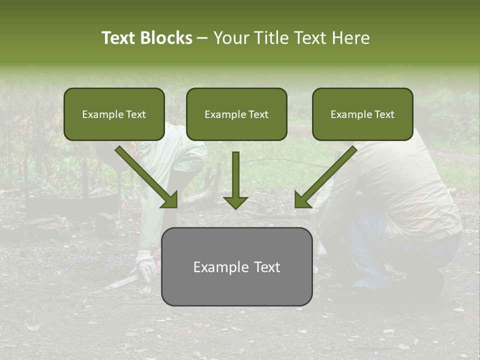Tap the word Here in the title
click(350, 38)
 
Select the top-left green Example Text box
click(114, 114)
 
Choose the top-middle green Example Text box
click(236, 114)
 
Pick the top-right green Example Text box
click(362, 114)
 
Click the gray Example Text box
click(236, 266)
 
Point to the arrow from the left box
click(147, 178)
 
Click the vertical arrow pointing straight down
click(235, 180)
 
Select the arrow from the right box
click(325, 178)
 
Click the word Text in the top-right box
click(383, 114)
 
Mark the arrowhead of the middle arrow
click(235, 202)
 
